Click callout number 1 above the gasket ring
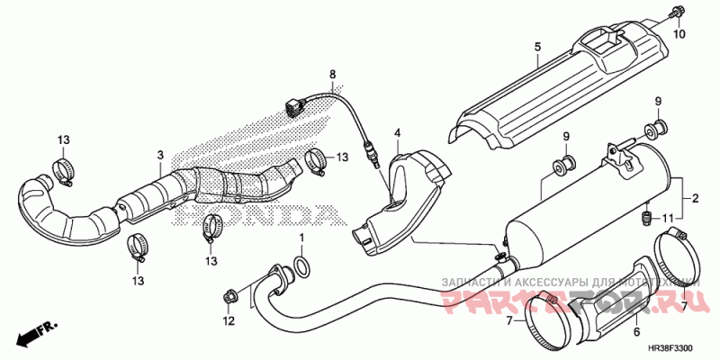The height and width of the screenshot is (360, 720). click(302, 238)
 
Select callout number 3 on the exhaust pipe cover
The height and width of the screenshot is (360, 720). click(159, 155)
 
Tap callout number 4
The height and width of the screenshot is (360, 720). click(395, 133)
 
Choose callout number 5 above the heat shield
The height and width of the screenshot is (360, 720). click(536, 47)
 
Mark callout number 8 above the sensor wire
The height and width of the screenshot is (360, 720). click(331, 73)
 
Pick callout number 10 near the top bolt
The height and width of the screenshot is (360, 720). click(679, 33)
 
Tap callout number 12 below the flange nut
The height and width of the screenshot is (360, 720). click(229, 320)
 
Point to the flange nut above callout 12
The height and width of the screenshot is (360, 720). click(228, 295)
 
